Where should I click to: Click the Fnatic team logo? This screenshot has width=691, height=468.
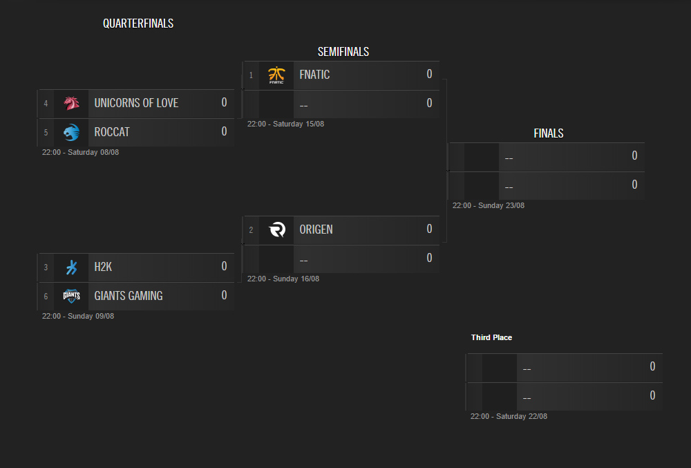pyautogui.click(x=276, y=75)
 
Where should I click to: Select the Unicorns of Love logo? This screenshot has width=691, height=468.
pyautogui.click(x=71, y=103)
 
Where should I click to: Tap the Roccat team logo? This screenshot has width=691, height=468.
pyautogui.click(x=71, y=132)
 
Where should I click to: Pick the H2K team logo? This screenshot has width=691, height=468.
pyautogui.click(x=71, y=267)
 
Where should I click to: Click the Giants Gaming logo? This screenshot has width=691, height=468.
pyautogui.click(x=71, y=296)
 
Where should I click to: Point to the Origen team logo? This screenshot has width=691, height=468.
pyautogui.click(x=277, y=230)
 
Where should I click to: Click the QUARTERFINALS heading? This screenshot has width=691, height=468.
pyautogui.click(x=138, y=24)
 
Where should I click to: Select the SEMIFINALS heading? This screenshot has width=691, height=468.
pyautogui.click(x=343, y=52)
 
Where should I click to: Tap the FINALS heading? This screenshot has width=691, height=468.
pyautogui.click(x=549, y=133)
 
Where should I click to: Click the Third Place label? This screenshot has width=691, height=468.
pyautogui.click(x=491, y=337)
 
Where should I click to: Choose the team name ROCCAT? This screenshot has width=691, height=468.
pyautogui.click(x=112, y=132)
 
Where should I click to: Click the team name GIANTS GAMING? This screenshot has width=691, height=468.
pyautogui.click(x=129, y=296)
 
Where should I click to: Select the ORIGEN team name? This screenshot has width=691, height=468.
pyautogui.click(x=316, y=230)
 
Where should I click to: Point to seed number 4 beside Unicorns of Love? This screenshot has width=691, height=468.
pyautogui.click(x=46, y=104)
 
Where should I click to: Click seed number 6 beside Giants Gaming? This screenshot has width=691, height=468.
pyautogui.click(x=46, y=297)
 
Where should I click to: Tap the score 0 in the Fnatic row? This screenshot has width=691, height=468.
pyautogui.click(x=429, y=74)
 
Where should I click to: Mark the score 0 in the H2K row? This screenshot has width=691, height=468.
pyautogui.click(x=225, y=266)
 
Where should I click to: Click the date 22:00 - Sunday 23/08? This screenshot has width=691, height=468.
pyautogui.click(x=489, y=206)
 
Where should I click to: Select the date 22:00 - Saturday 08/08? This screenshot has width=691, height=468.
pyautogui.click(x=80, y=153)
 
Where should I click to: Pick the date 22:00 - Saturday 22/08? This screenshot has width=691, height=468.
pyautogui.click(x=509, y=416)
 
